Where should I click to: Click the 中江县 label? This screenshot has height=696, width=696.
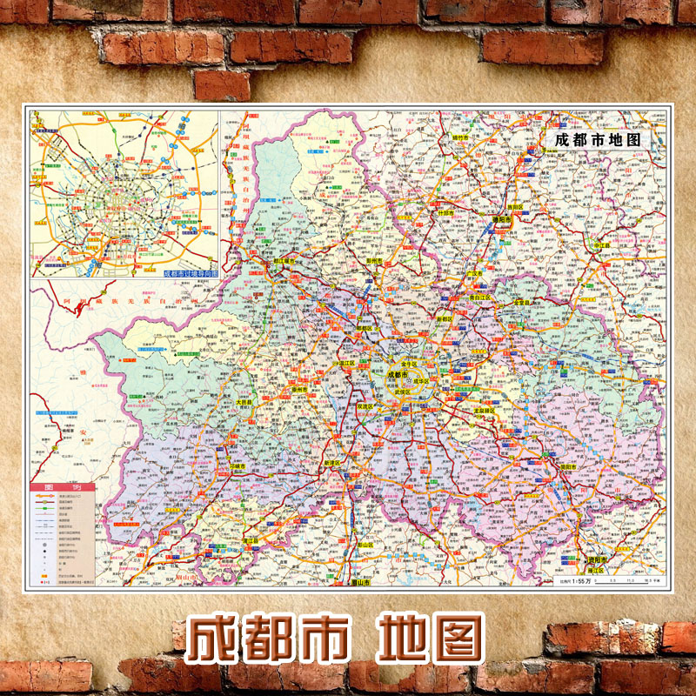tap(600, 246)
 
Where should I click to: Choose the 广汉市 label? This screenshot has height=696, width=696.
tap(475, 274)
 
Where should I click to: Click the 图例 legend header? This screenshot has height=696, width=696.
tap(59, 487)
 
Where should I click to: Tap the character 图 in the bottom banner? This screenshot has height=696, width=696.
tap(453, 640)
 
